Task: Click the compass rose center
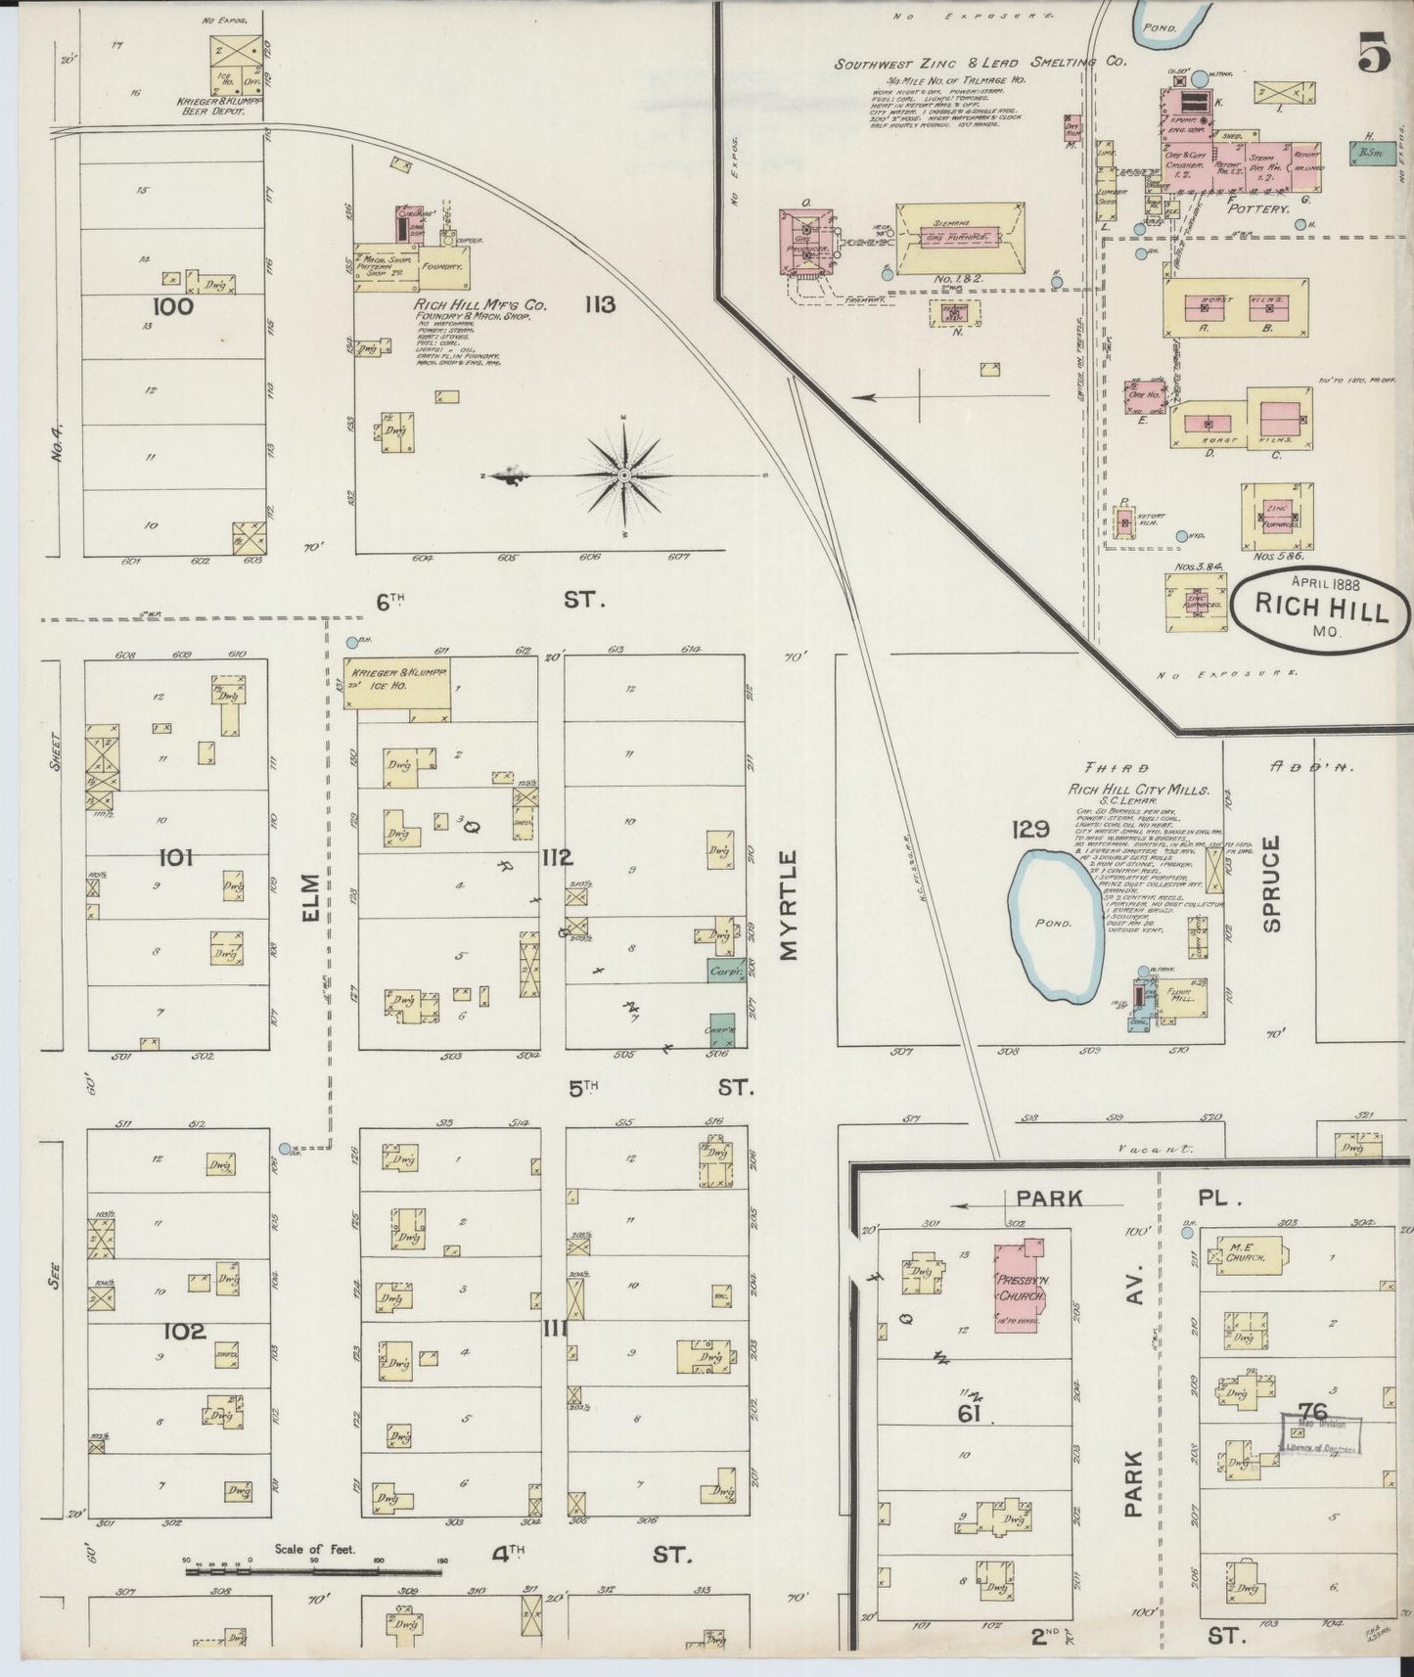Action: [623, 476]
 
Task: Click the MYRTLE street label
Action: [790, 905]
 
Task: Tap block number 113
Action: [599, 305]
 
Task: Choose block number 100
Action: [173, 307]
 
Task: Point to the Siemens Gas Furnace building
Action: [960, 237]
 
